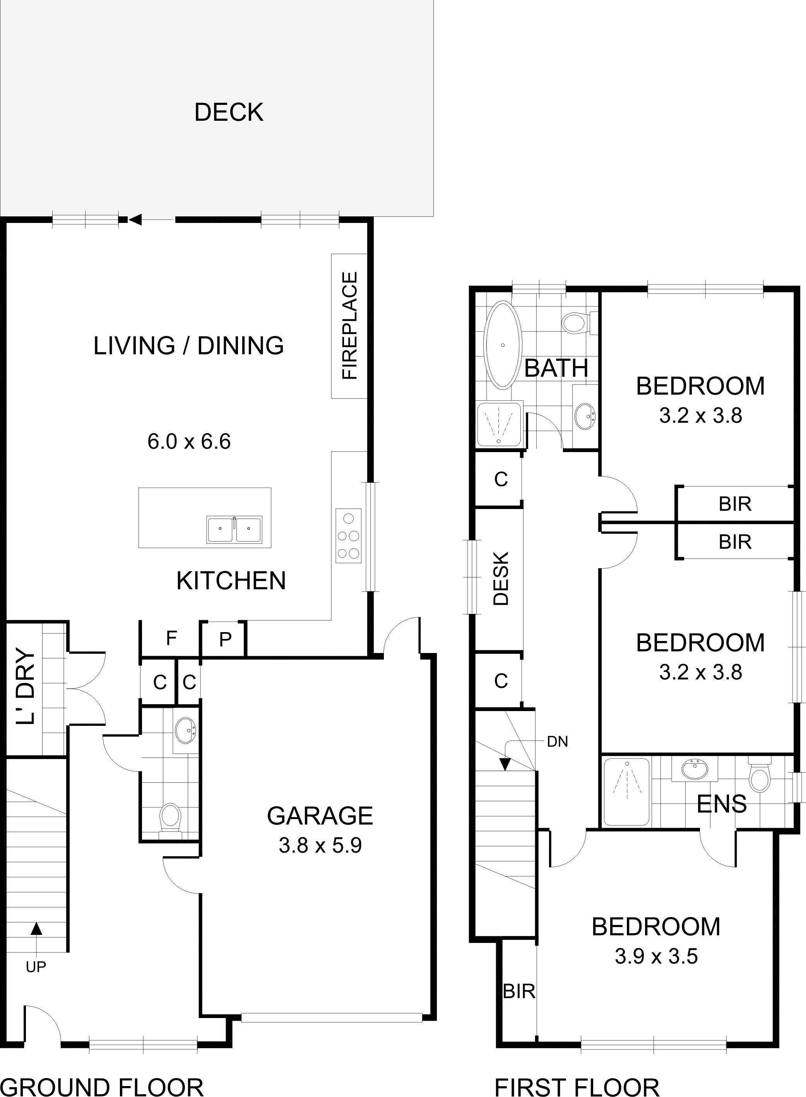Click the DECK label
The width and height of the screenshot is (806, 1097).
229,112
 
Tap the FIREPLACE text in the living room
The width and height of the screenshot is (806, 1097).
350,326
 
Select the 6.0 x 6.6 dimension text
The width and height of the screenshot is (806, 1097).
189,442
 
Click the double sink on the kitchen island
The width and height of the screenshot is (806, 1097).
234,530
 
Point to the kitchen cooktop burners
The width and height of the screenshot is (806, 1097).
348,535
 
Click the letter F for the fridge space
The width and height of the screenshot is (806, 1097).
171,638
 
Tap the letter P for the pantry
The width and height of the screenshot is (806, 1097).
225,639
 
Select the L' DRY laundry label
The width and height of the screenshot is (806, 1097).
26,687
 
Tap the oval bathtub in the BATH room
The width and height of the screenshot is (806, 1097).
503,345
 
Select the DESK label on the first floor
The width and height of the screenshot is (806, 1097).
501,579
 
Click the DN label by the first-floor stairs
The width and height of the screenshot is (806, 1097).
557,742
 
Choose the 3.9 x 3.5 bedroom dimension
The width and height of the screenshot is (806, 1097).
656,956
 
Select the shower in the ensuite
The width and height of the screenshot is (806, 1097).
626,791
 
